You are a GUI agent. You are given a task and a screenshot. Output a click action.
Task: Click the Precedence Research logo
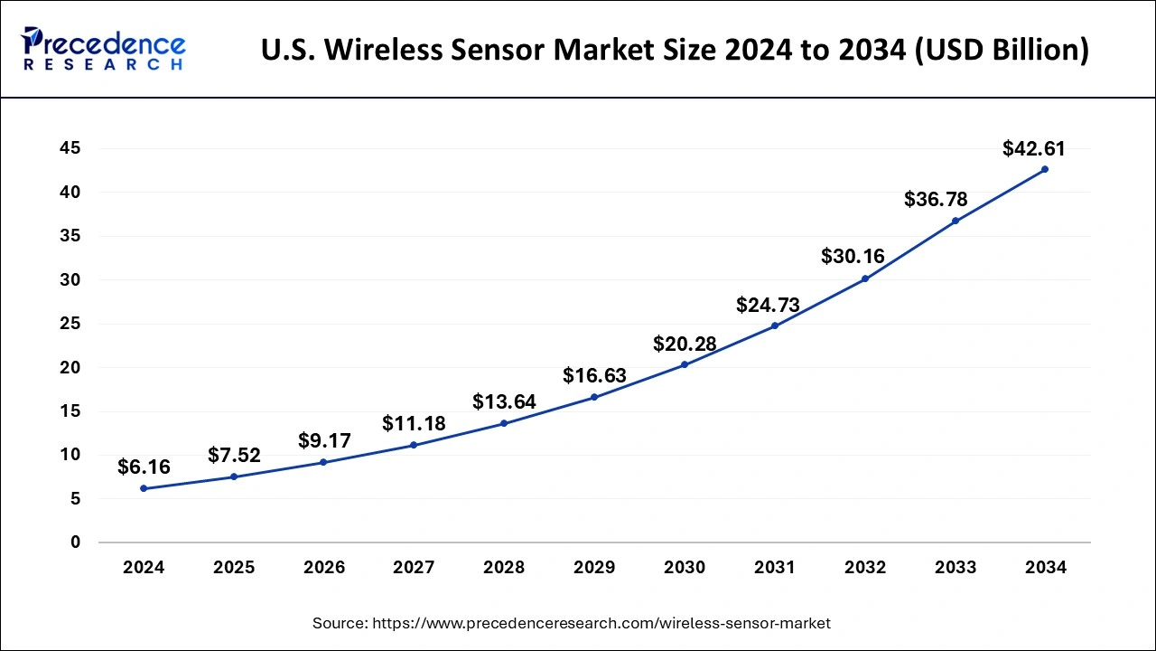[x=104, y=49]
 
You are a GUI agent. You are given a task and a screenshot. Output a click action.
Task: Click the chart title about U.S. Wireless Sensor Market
[x=675, y=51]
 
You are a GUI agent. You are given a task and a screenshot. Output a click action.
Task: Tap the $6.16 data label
[x=144, y=467]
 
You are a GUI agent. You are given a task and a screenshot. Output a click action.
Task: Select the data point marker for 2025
[x=234, y=476]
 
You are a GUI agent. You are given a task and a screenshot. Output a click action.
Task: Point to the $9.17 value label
[x=324, y=441]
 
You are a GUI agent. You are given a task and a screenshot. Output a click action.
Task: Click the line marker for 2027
[x=414, y=445]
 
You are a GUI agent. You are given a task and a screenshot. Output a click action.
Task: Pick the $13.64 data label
[x=504, y=401]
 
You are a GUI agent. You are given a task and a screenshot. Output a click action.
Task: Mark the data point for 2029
[x=594, y=397]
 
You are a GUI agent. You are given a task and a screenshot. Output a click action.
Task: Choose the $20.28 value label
[x=685, y=344]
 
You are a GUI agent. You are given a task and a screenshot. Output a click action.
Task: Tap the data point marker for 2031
[x=775, y=325]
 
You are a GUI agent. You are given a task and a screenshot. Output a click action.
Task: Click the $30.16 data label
[x=853, y=256]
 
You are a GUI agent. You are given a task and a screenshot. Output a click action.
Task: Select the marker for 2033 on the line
[x=956, y=221]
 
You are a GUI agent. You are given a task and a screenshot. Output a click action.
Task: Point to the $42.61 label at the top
[x=1034, y=148]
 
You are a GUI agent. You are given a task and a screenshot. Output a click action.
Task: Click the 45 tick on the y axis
[x=70, y=148]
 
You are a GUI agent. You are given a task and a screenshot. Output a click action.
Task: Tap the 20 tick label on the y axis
[x=70, y=368]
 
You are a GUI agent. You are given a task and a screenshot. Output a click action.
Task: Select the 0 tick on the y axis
[x=75, y=542]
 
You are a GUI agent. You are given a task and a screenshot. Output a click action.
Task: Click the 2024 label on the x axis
[x=144, y=568]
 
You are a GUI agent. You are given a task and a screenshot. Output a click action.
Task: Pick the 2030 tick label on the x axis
[x=685, y=568]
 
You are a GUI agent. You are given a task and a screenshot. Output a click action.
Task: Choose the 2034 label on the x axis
[x=1046, y=568]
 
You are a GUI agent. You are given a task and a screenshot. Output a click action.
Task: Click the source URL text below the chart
[x=571, y=623]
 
